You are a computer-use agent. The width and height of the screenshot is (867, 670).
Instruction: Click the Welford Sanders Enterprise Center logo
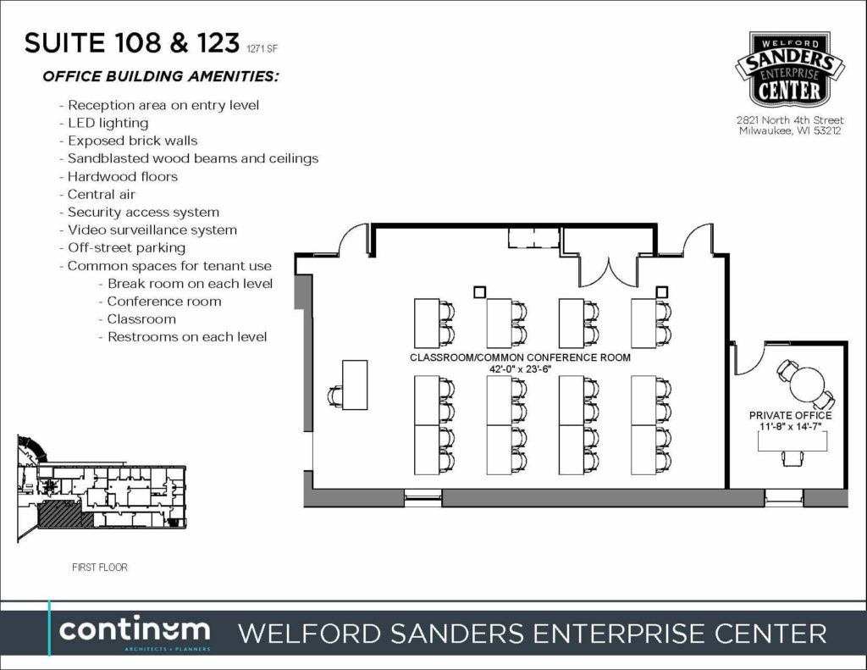click(790, 69)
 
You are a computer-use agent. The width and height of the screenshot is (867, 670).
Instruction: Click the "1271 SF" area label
click(262, 48)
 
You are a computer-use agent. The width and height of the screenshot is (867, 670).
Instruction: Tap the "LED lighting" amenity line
click(104, 123)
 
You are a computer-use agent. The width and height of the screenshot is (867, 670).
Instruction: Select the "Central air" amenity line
click(97, 194)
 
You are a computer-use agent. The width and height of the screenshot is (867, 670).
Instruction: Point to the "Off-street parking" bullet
click(123, 248)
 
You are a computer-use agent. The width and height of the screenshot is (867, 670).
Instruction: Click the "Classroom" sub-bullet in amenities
click(137, 319)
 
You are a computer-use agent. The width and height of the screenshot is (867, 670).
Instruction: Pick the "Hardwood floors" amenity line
click(119, 176)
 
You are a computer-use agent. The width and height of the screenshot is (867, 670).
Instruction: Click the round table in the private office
click(807, 384)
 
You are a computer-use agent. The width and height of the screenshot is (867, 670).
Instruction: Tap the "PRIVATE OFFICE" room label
click(790, 415)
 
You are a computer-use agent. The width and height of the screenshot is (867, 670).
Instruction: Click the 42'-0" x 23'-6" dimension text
click(521, 369)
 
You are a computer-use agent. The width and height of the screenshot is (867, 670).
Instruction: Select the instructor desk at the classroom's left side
click(355, 385)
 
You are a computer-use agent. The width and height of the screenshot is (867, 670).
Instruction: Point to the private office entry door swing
click(749, 358)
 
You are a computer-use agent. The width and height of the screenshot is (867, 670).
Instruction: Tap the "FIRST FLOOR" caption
click(100, 568)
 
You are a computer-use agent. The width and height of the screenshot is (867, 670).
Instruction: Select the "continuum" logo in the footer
click(135, 633)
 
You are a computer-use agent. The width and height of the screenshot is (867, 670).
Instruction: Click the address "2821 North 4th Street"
click(790, 120)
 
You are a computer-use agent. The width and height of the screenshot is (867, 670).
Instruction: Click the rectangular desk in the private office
click(792, 441)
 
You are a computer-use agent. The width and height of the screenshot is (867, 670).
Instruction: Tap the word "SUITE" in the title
click(64, 43)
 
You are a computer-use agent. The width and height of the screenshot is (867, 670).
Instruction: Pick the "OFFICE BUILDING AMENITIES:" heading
click(160, 76)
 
